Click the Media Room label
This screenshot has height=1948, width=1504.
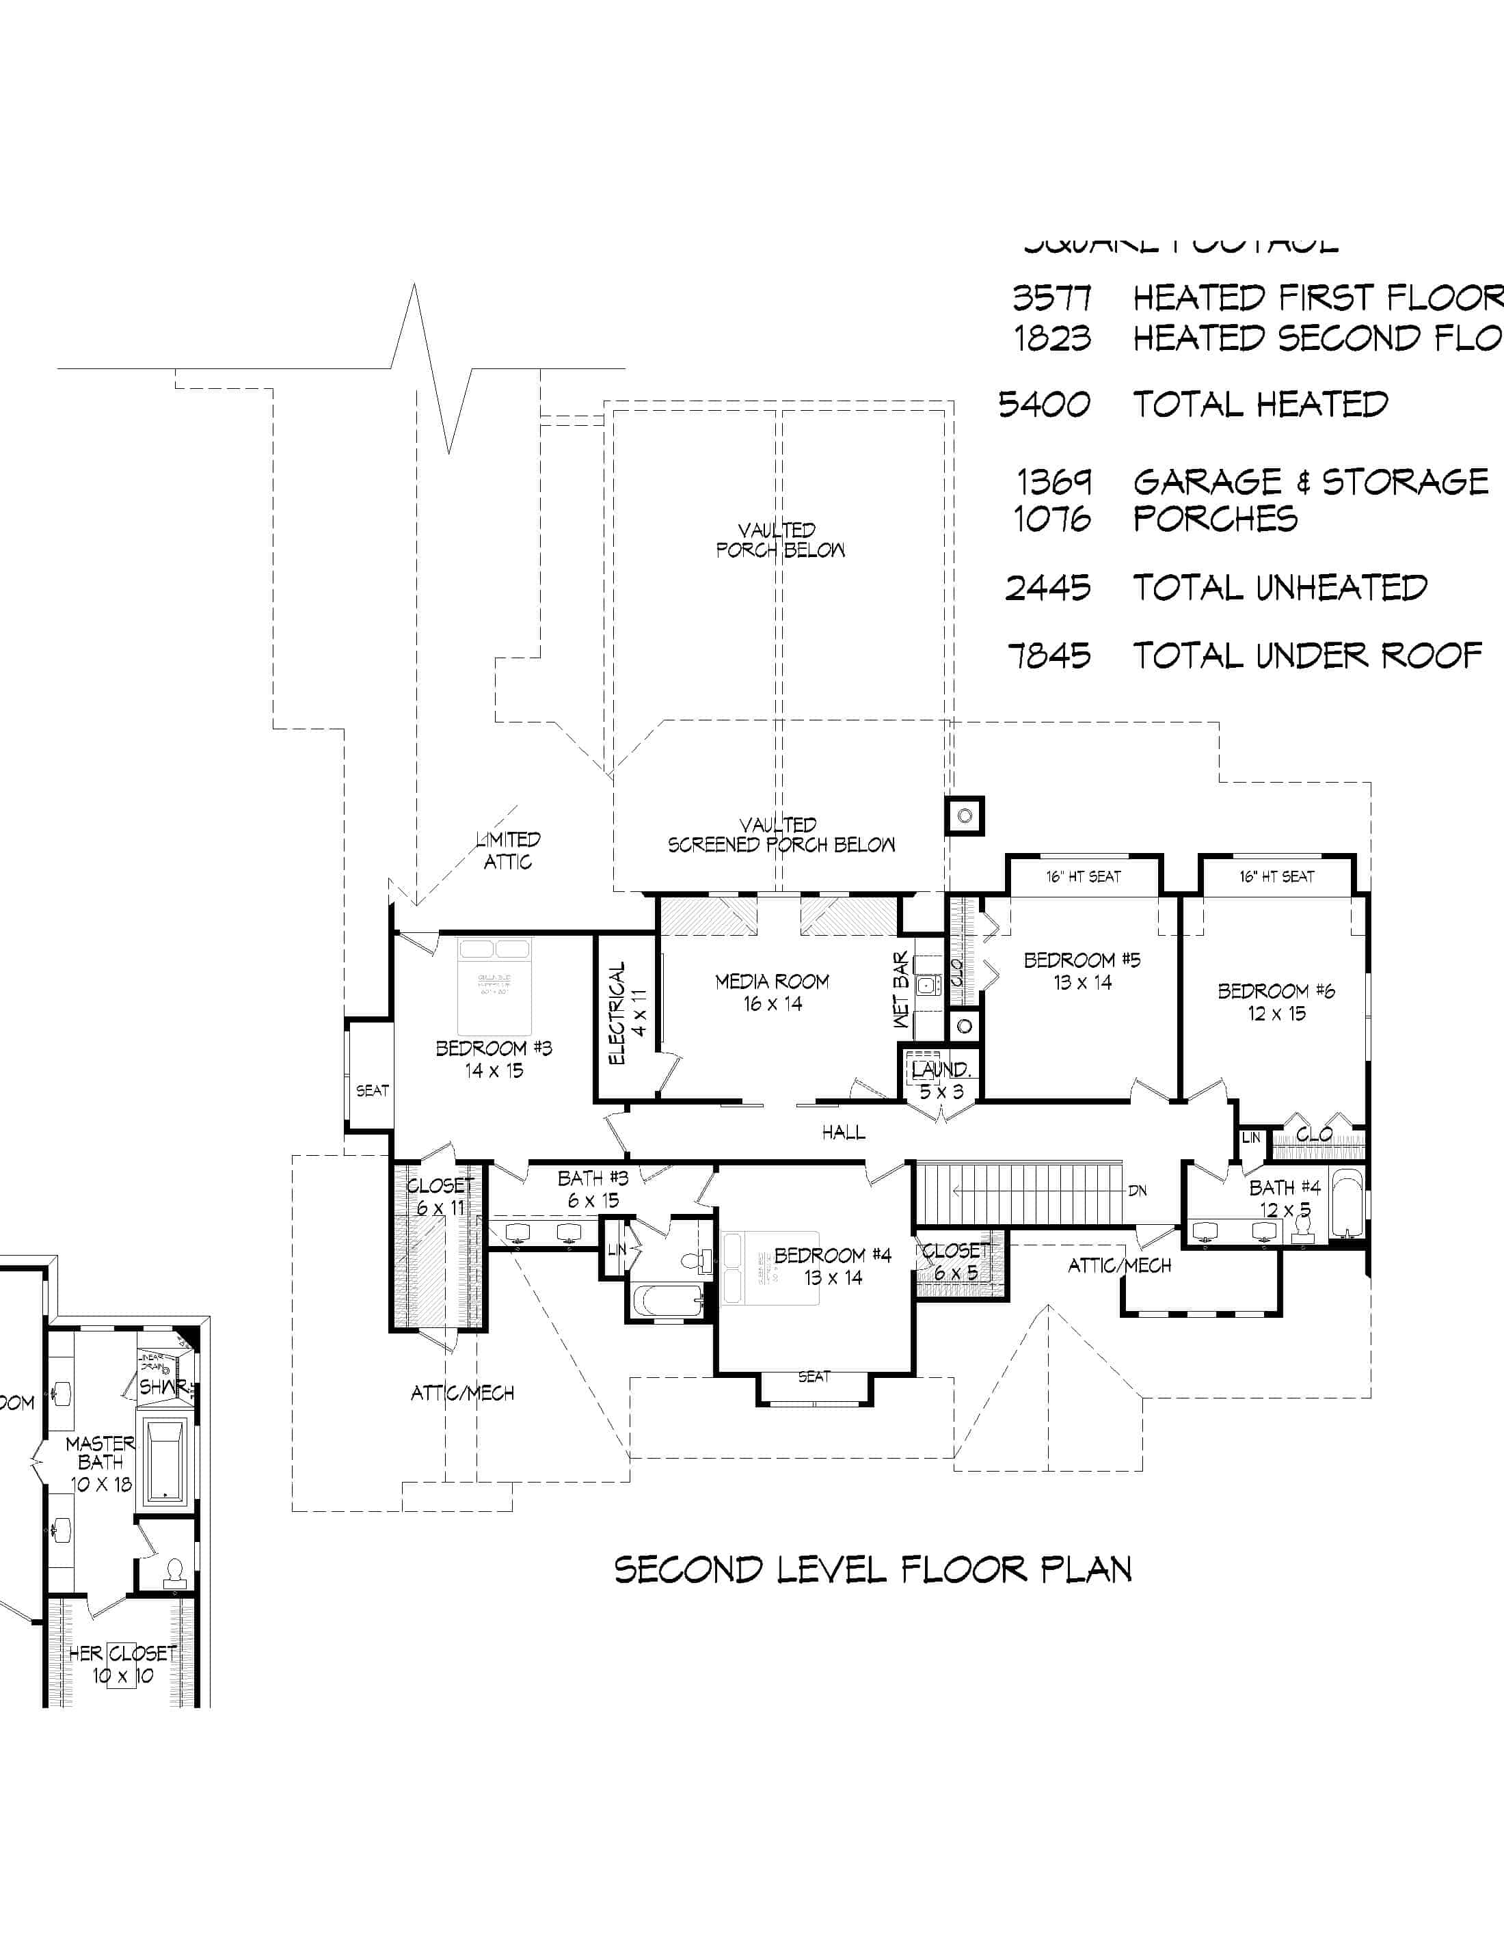tap(772, 981)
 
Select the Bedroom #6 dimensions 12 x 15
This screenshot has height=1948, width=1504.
tap(1276, 1013)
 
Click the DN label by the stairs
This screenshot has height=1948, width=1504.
tap(1138, 1191)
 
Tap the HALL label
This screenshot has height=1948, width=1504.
tap(843, 1132)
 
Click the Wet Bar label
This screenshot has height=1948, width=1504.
tap(901, 990)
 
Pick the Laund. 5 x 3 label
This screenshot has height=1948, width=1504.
tap(941, 1079)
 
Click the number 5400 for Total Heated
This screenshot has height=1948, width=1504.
tap(1044, 405)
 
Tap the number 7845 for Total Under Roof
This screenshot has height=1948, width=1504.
tap(1049, 656)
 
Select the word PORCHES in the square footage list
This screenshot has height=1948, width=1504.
tap(1215, 518)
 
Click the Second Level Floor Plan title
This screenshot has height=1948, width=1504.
tap(872, 1570)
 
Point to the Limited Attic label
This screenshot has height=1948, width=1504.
tap(507, 850)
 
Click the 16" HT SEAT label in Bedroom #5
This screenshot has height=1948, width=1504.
tap(1083, 877)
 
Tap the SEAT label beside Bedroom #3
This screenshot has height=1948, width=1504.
tap(372, 1090)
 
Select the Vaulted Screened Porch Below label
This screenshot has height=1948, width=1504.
tap(781, 835)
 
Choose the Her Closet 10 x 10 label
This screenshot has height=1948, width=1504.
tap(123, 1664)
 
